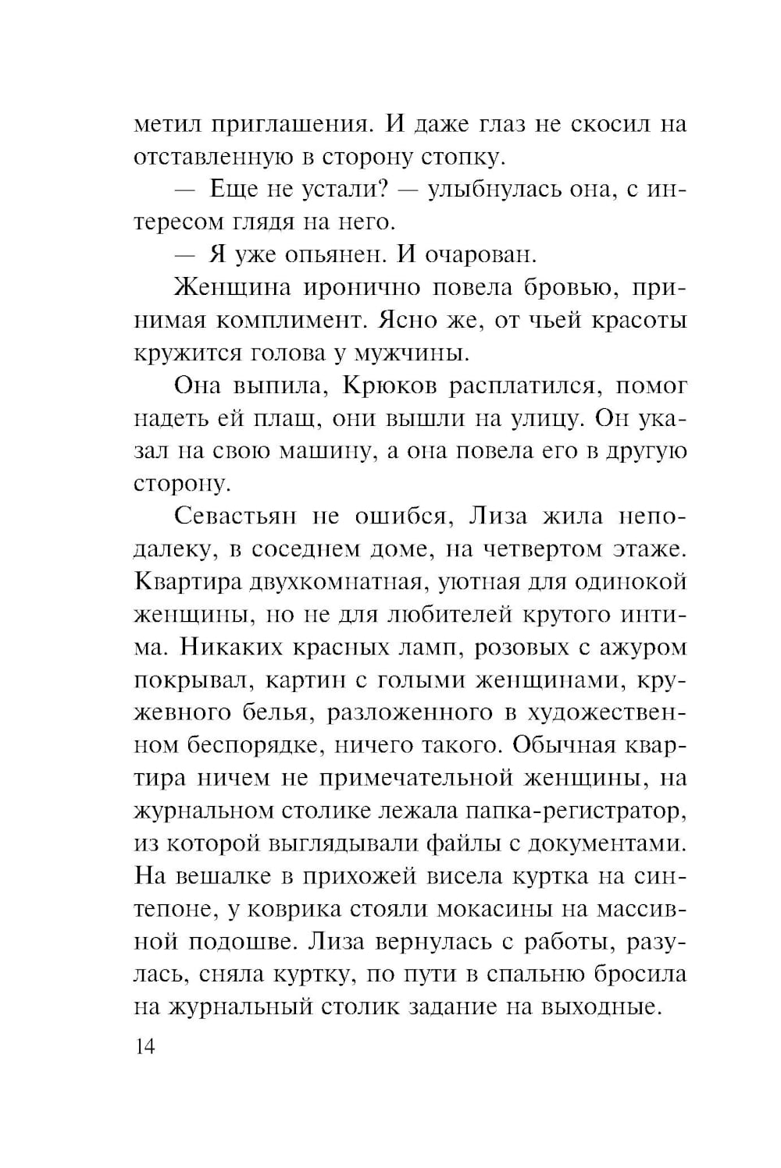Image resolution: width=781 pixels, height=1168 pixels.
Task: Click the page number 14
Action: coord(145,1046)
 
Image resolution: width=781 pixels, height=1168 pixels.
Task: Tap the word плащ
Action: coord(284,419)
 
